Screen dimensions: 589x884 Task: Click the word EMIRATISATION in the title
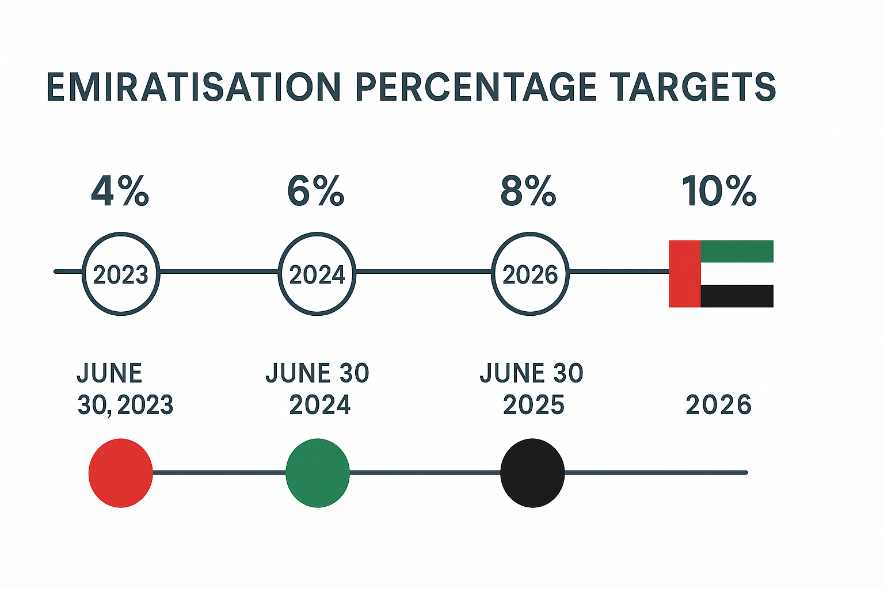194,88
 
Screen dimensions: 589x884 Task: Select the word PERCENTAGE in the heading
475,88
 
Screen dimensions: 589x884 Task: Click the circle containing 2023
121,274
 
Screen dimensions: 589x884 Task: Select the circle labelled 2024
317,274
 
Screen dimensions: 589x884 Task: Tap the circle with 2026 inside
530,274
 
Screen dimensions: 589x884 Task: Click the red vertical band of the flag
685,274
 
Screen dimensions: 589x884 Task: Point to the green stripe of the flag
737,251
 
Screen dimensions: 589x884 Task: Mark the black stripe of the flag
737,296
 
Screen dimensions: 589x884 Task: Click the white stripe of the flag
737,274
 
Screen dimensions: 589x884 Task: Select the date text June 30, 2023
124,389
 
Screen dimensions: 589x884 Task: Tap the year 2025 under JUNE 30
533,406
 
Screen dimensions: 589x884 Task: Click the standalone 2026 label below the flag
718,406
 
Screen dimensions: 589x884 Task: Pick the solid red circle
120,473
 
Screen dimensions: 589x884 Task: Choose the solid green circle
318,473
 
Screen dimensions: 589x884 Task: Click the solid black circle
532,473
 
